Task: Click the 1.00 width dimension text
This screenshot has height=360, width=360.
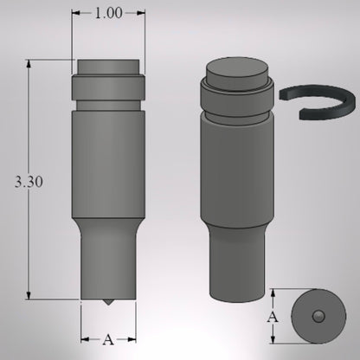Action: (108, 14)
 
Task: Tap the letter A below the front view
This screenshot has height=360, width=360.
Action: (108, 339)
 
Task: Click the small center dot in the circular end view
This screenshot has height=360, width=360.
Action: (318, 317)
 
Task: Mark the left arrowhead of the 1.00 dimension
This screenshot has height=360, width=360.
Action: (74, 14)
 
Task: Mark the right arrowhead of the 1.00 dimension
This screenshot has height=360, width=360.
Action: (142, 14)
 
